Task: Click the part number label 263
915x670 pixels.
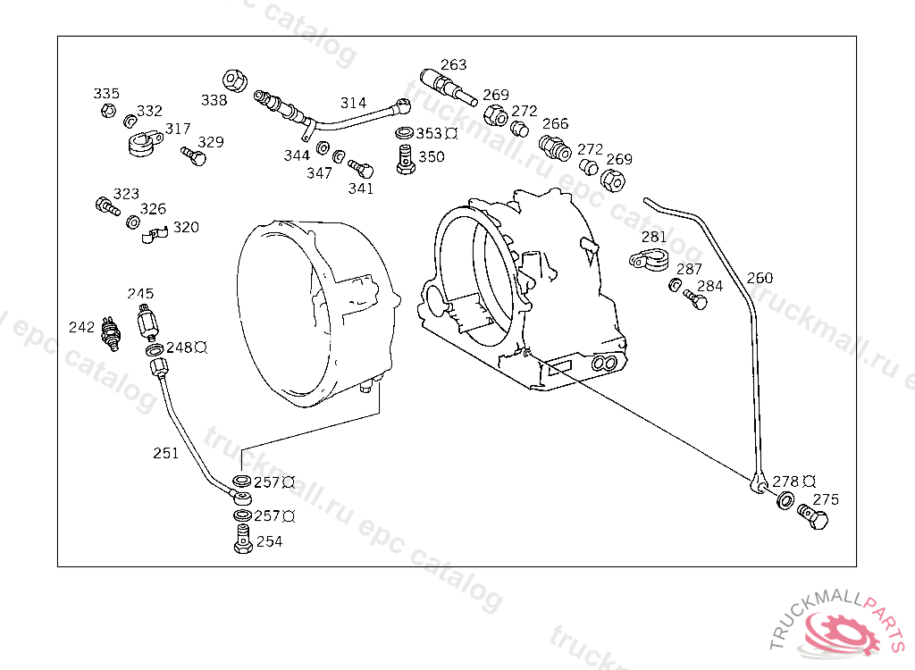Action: coord(453,64)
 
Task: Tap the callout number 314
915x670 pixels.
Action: coord(353,103)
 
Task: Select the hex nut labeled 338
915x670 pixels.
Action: coord(235,80)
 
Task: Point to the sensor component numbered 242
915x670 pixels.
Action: coord(110,334)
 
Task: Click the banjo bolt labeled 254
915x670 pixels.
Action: coord(243,539)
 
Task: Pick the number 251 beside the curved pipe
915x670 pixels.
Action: coord(165,453)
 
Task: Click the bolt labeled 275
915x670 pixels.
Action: coord(812,516)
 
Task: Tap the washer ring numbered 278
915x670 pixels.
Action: coord(785,499)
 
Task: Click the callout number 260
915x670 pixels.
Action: coord(760,278)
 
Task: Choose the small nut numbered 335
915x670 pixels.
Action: coord(108,110)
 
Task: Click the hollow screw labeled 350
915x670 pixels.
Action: coord(406,160)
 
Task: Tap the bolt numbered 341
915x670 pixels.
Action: coord(361,168)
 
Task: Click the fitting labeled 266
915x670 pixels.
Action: coord(554,148)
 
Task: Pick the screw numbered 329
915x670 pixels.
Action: coord(193,155)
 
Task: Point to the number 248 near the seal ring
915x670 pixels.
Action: coord(179,348)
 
